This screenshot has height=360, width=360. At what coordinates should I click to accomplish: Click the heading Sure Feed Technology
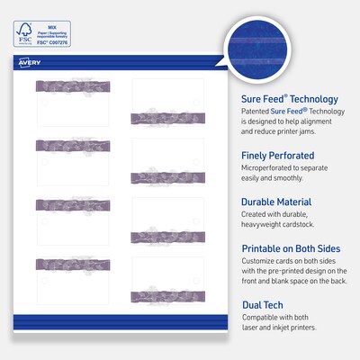point(289,99)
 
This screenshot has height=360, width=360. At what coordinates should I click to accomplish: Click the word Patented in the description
point(256,112)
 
